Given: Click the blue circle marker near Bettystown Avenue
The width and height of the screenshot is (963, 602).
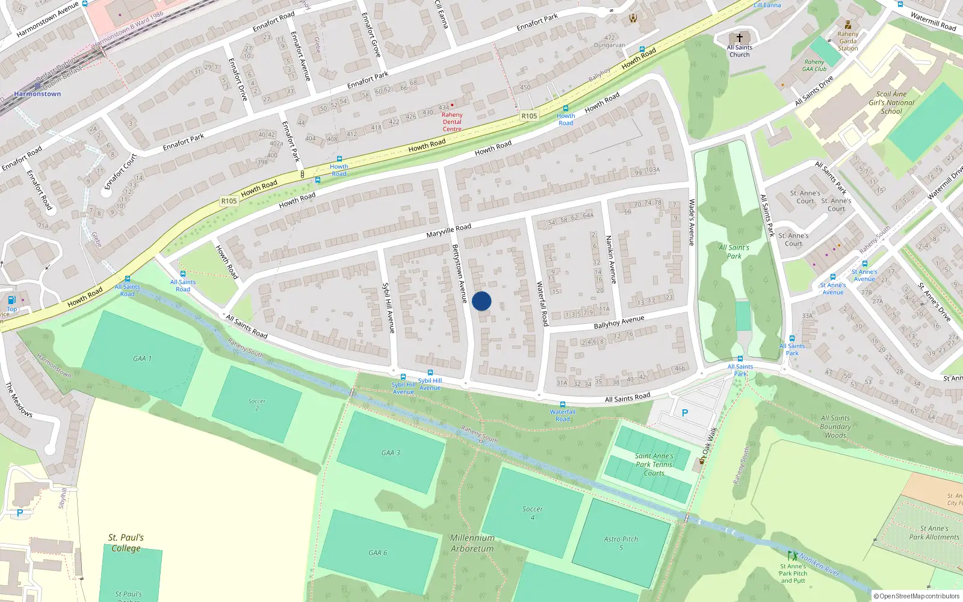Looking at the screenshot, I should (482, 301).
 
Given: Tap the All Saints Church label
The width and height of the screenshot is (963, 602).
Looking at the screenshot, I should (740, 51).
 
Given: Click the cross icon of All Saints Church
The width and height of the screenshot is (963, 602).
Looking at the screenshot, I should (740, 37).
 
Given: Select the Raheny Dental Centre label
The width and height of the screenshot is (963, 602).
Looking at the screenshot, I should (452, 122).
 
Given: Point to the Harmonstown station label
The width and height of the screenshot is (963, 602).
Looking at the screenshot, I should (37, 94).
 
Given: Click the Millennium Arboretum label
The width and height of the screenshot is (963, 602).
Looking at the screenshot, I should (472, 543).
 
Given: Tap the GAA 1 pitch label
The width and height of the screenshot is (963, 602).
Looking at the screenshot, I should (142, 358).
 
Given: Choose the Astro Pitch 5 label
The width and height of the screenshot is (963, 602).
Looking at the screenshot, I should (621, 543).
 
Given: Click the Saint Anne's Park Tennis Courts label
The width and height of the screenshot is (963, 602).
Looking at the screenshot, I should (654, 464).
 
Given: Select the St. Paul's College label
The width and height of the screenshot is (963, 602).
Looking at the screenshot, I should (126, 542).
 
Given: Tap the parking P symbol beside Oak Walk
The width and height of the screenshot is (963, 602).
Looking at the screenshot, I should (684, 413).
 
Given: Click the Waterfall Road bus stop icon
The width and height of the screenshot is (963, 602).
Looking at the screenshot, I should (563, 405).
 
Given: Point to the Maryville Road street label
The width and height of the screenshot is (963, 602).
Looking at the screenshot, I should (448, 231).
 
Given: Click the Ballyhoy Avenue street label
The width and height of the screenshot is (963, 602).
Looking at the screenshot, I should (619, 323).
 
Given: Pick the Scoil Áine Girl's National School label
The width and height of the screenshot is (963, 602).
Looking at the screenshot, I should (891, 102).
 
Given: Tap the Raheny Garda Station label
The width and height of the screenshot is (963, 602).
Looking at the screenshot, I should (848, 41).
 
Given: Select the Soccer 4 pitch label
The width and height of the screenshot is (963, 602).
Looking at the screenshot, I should (532, 513).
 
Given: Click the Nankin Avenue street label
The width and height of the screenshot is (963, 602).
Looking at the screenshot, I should (611, 259).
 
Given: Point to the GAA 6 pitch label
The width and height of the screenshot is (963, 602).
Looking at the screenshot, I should (377, 553).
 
